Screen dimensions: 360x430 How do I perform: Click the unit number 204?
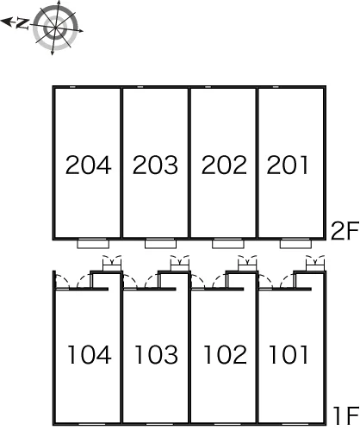pos(88,165)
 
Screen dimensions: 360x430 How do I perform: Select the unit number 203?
pos(155,165)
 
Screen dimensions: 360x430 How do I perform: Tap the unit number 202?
pos(224,165)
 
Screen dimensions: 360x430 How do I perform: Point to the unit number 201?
pos(288,165)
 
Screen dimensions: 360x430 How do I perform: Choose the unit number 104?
pos(90,355)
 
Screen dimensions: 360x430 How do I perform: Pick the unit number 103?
pos(157,355)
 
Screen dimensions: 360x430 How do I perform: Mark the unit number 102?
pos(226,355)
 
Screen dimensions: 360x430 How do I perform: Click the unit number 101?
pos(289,355)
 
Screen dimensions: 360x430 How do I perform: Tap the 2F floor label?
pos(344,231)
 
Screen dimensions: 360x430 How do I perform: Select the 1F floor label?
pos(346,415)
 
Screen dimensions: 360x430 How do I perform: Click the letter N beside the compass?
pos(22,23)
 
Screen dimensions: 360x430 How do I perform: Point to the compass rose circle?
pos(55,28)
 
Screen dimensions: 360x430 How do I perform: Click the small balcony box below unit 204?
pos(93,244)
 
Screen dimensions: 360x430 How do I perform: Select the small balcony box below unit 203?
pos(161,244)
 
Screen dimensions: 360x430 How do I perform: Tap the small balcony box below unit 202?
pos(228,244)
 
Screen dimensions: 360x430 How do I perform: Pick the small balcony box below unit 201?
pos(296,244)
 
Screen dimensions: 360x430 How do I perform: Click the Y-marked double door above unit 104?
pos(112,263)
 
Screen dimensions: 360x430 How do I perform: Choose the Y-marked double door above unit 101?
pos(315,263)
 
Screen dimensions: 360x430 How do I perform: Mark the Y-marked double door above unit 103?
pos(180,263)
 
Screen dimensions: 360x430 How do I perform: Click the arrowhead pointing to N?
pos(6,22)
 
